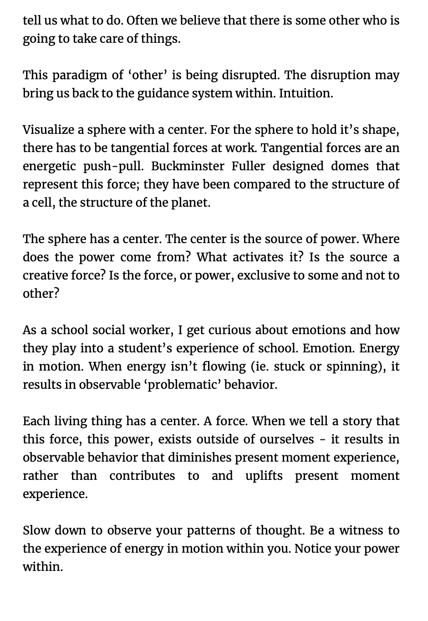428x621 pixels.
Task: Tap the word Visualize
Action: click(48, 130)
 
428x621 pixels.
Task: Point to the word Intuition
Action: click(306, 93)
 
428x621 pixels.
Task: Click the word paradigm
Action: click(81, 75)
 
